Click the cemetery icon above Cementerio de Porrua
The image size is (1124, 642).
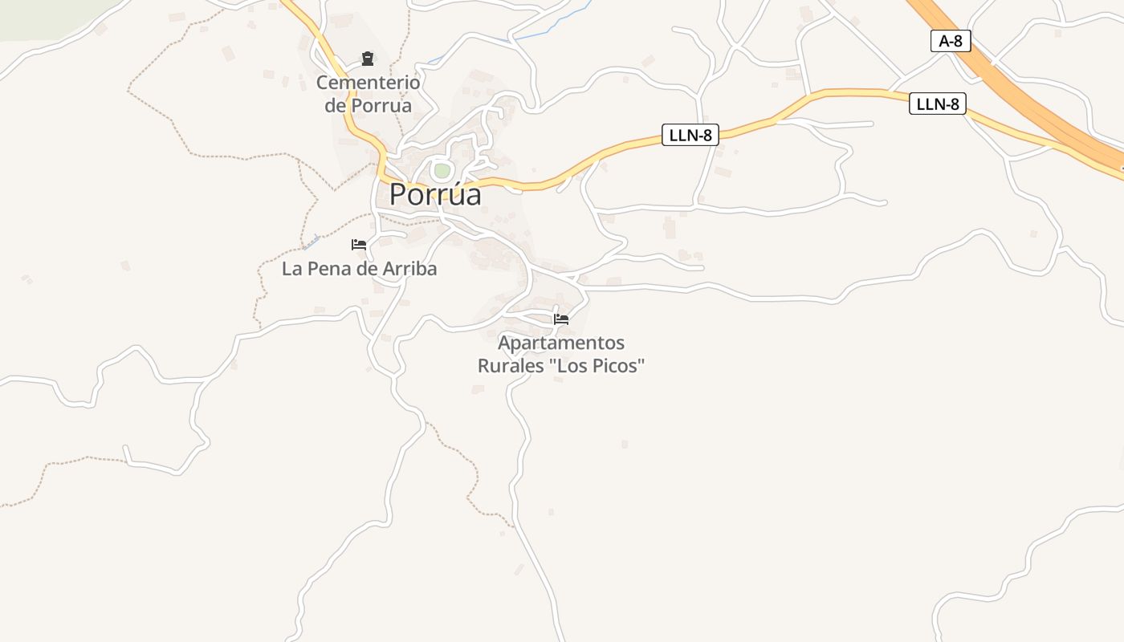[x=368, y=59]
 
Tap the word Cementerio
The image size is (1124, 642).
[x=368, y=82]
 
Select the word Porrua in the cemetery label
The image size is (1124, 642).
[x=381, y=105]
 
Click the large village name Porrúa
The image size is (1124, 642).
[x=435, y=194]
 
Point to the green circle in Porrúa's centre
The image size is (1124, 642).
[x=442, y=170]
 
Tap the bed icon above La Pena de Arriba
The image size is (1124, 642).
[x=359, y=245]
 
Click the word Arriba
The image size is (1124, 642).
[x=409, y=269]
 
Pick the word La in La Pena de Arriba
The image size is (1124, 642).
[x=291, y=269]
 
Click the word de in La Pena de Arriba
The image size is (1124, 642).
[x=366, y=269]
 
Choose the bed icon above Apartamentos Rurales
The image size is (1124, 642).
[x=561, y=319]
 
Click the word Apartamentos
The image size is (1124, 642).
[x=561, y=343]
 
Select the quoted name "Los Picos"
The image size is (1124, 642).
[x=597, y=366]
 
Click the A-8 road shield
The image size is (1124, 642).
[x=951, y=41]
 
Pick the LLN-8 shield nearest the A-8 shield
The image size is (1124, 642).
[x=937, y=104]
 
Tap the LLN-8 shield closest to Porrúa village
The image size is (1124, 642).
[x=690, y=135]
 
